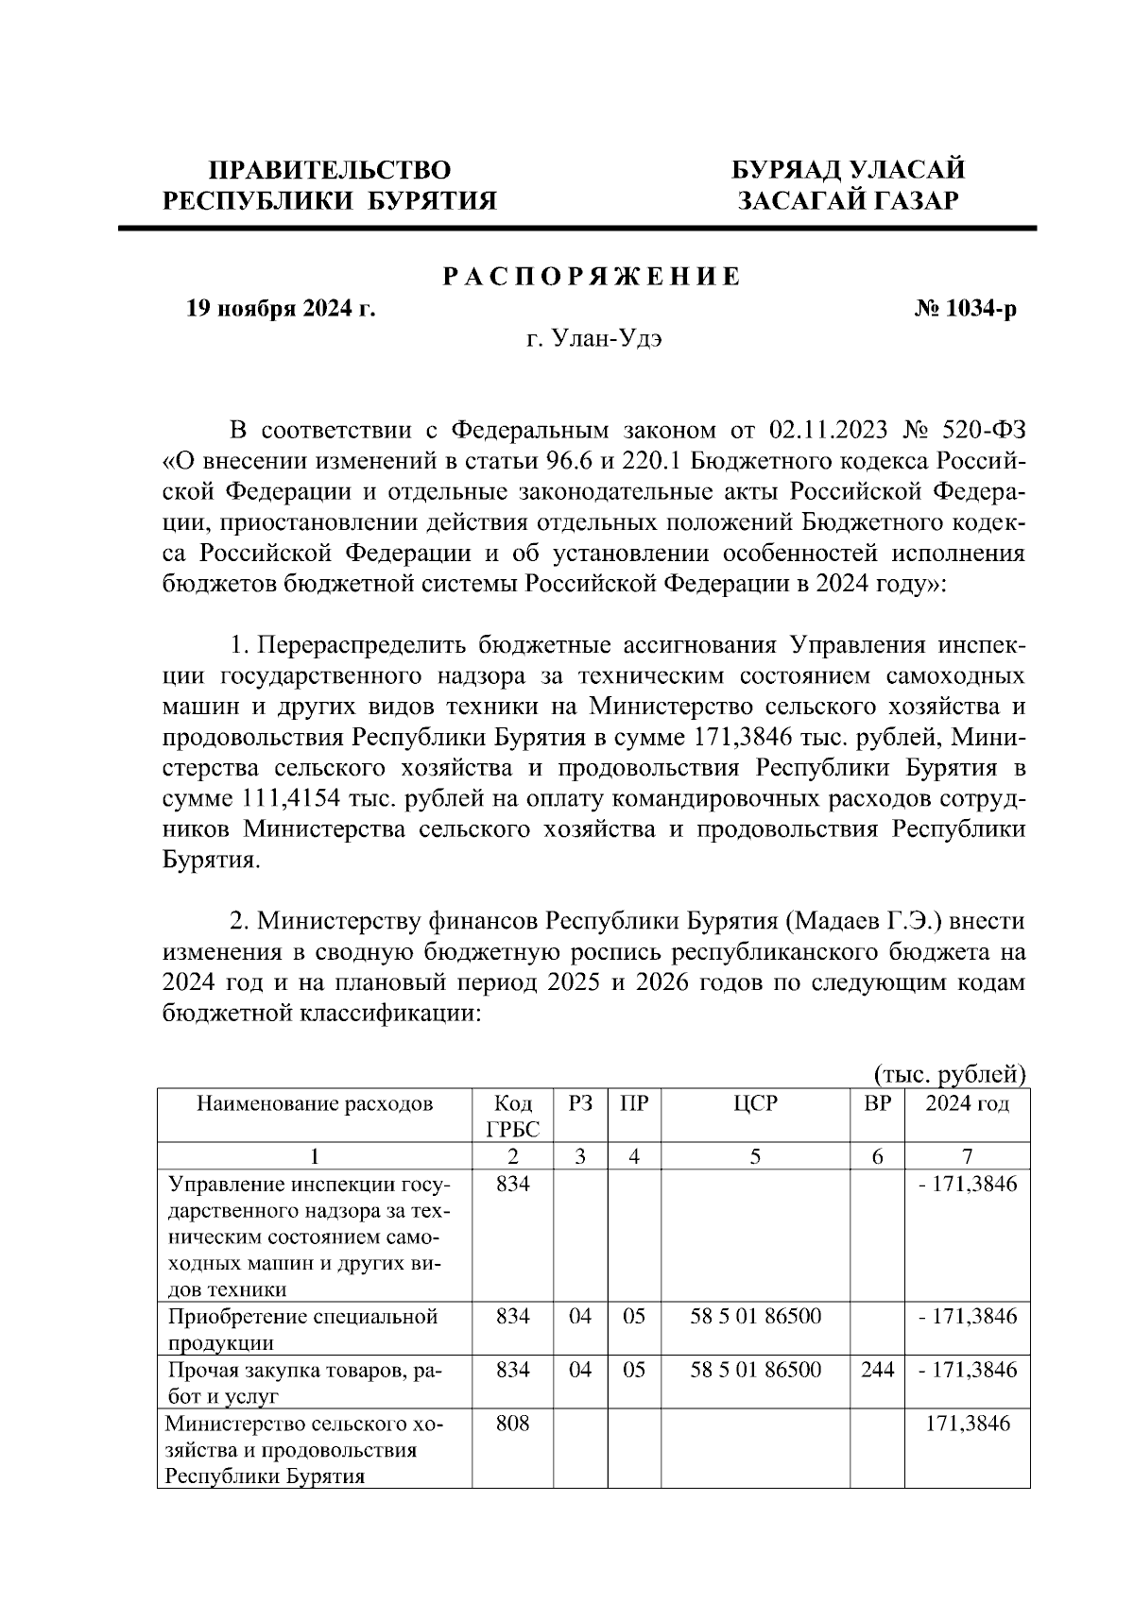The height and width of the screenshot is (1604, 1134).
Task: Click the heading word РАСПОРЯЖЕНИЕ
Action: tap(593, 278)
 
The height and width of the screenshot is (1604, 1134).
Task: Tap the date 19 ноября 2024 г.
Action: tap(281, 309)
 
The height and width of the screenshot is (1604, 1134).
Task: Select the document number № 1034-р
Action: tap(966, 309)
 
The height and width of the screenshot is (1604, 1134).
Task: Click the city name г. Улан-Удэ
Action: tap(594, 339)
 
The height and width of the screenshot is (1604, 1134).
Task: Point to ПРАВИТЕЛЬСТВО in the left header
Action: tap(330, 170)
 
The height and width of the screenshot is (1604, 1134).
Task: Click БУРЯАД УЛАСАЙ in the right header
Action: tap(849, 170)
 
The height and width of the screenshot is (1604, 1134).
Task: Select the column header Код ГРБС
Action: tap(513, 1116)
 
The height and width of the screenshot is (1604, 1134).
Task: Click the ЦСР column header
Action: tap(754, 1103)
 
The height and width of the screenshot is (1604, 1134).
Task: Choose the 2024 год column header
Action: tap(967, 1103)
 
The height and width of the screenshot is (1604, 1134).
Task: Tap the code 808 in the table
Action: tap(513, 1424)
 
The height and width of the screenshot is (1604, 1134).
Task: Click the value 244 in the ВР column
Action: tap(877, 1370)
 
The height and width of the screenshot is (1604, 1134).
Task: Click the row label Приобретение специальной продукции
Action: tap(302, 1317)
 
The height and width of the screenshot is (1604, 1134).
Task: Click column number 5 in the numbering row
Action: tap(754, 1156)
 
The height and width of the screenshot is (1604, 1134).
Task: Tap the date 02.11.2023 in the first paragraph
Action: tap(829, 431)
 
